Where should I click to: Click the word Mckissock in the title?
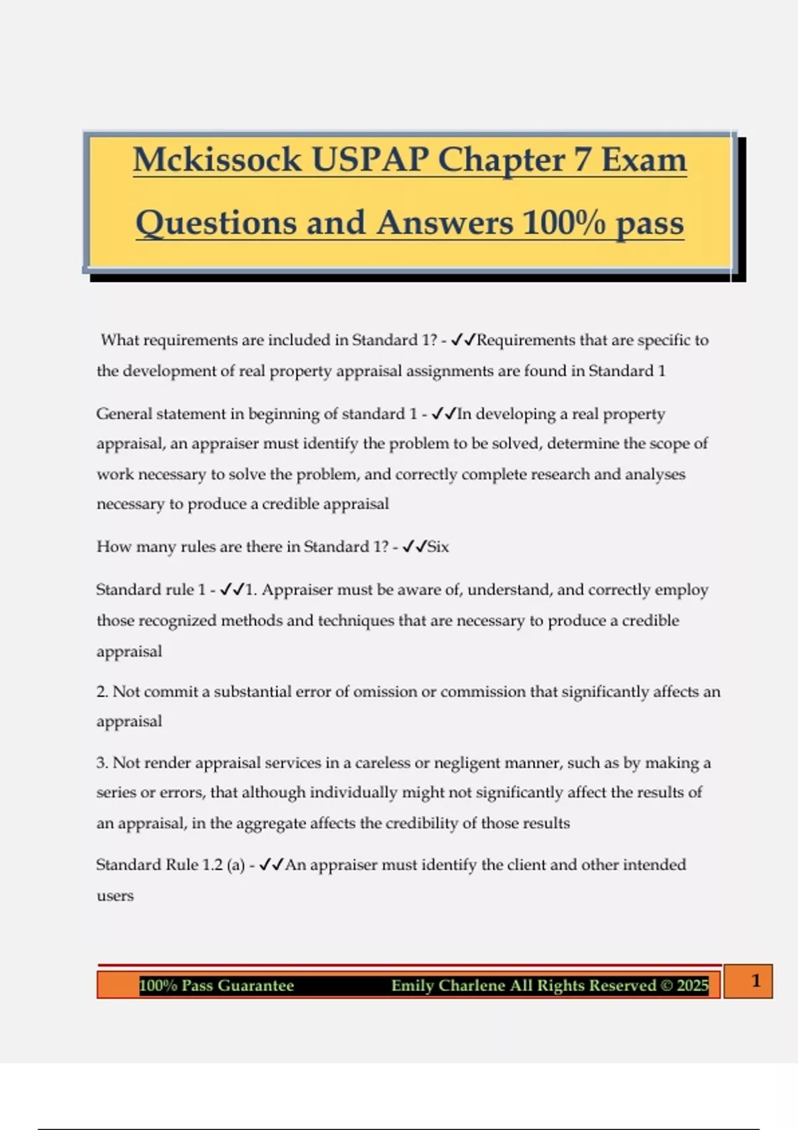pyautogui.click(x=217, y=160)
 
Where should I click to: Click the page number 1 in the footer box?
pyautogui.click(x=755, y=980)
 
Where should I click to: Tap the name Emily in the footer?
pyautogui.click(x=414, y=986)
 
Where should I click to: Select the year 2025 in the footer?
pyautogui.click(x=692, y=986)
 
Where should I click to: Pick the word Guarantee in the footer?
pyautogui.click(x=255, y=986)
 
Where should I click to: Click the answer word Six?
pyautogui.click(x=438, y=547)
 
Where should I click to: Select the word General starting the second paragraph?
pyautogui.click(x=124, y=414)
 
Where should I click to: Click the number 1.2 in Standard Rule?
pyautogui.click(x=212, y=865)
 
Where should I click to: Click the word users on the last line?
pyautogui.click(x=115, y=896)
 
